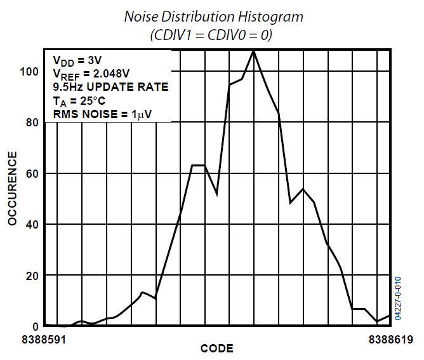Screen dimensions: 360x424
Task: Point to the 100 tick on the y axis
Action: click(x=29, y=71)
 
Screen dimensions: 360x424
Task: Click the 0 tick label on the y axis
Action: click(x=36, y=326)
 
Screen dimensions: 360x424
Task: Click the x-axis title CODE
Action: click(x=216, y=349)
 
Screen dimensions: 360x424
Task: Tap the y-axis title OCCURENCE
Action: click(x=12, y=188)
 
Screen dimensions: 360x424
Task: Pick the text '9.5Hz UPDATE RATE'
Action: click(x=110, y=87)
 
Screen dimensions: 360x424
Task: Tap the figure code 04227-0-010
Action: click(x=398, y=298)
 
